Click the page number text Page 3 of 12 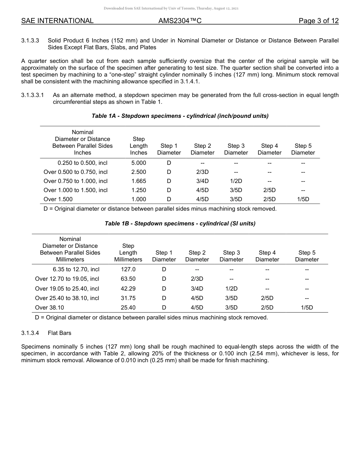(x=318, y=21)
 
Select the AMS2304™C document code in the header (x=180, y=21)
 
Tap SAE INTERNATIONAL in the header (x=57, y=21)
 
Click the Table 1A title (x=180, y=116)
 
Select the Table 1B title (x=180, y=224)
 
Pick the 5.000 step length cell (x=139, y=163)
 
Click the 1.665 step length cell (x=139, y=181)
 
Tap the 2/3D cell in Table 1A (x=202, y=172)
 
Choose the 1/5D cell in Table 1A (x=303, y=199)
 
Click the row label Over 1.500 (x=58, y=199)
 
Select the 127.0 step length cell (x=128, y=269)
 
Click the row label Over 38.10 (x=50, y=308)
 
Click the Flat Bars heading (x=59, y=333)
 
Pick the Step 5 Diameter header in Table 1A (x=303, y=149)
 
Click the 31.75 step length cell (x=128, y=298)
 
